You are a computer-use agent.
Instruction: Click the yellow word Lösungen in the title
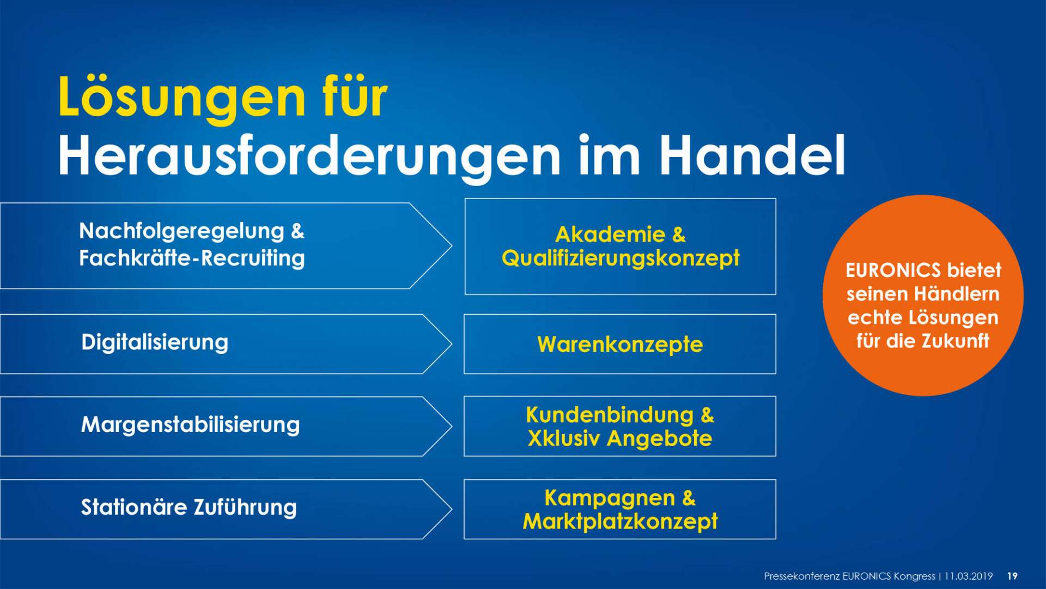coord(182,99)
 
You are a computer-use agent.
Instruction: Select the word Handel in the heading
coord(752,154)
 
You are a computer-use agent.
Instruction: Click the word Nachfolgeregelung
coord(181,232)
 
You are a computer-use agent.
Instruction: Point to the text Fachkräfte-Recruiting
coord(192,258)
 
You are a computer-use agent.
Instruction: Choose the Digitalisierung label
coord(155,343)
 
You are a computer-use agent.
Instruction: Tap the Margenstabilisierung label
coord(190,425)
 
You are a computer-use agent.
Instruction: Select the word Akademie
coord(610,235)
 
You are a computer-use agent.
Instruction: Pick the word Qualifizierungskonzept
coord(621,259)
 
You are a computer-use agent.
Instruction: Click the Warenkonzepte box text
coord(620,345)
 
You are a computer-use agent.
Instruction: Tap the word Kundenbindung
coord(610,415)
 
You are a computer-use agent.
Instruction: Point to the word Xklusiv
coord(564,438)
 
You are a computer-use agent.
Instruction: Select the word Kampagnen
coord(610,498)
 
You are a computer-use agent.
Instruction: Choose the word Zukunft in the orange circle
coord(956,341)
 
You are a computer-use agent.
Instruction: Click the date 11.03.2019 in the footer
coord(969,576)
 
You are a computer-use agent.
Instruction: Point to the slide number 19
coord(1012,576)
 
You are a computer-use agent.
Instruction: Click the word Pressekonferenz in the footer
coord(801,576)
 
